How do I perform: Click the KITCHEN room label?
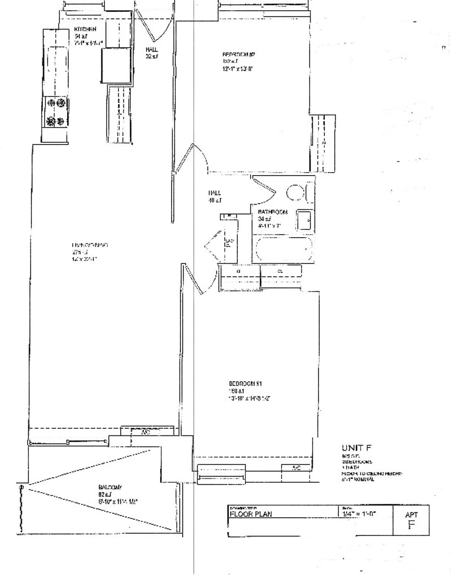(85, 29)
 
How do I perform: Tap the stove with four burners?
(56, 112)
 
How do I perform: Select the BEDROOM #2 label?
(239, 55)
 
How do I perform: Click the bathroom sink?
(305, 220)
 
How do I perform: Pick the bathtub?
(284, 249)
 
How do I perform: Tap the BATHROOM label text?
(273, 212)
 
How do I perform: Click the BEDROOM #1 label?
(243, 384)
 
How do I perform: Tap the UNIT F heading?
(356, 447)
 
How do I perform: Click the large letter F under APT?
(411, 525)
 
